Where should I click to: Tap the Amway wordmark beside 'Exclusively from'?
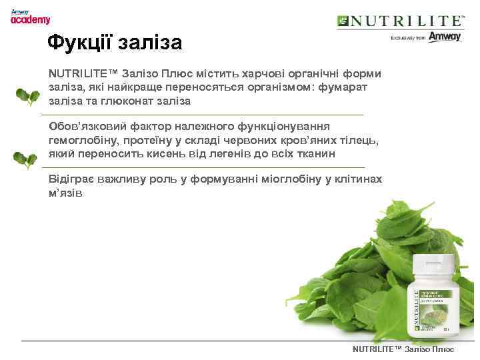click(x=444, y=37)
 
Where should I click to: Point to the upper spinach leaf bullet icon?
click(x=27, y=96)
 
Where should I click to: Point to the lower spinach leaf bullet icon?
click(x=26, y=160)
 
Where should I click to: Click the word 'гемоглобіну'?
click(x=81, y=140)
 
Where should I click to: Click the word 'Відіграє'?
click(x=71, y=179)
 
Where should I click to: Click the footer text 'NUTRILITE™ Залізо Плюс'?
click(x=403, y=349)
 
